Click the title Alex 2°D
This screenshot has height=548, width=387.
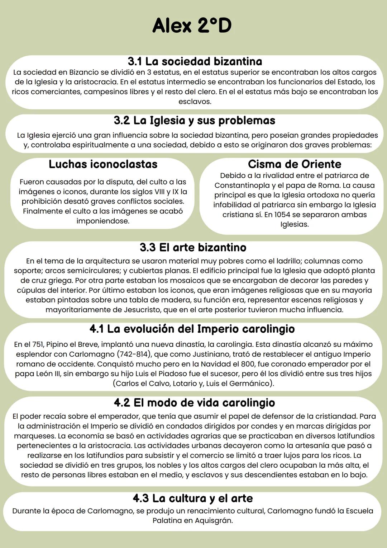pos(192,26)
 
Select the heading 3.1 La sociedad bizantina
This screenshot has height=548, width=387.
pos(195,61)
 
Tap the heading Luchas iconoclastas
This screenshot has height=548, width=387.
pos(103,164)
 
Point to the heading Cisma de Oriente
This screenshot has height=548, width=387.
pos(295,164)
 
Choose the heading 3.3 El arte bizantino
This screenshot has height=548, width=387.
pos(193,247)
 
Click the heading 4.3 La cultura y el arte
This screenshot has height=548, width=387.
pos(193,498)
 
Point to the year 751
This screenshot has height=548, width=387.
pos(38,345)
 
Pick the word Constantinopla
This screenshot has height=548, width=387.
pos(242,186)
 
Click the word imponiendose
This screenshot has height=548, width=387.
pos(103,221)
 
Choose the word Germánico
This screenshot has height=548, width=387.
pos(250,383)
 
